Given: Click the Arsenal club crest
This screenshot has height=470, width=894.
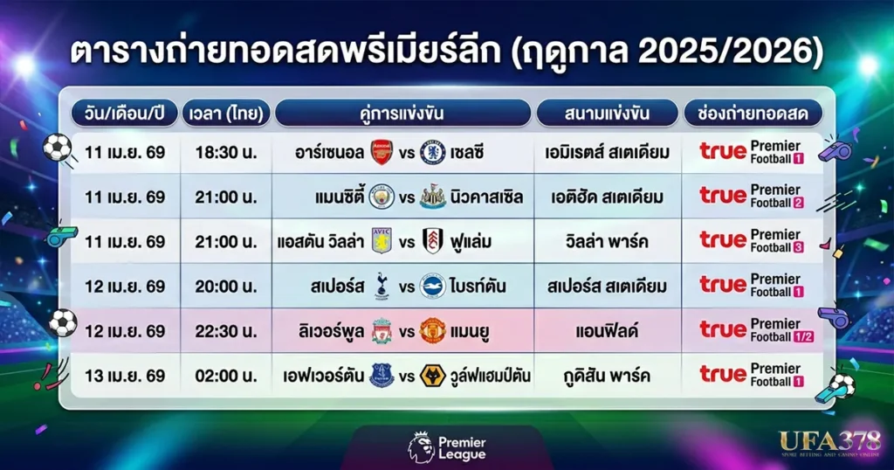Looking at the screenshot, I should point(382,152).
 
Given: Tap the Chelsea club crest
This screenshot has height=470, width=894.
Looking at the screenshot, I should point(432,152).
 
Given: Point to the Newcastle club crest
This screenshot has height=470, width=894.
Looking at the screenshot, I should point(432,197).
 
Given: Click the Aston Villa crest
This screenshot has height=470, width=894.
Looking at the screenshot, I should point(382,241).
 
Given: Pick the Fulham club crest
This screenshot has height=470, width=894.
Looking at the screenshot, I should point(432,241).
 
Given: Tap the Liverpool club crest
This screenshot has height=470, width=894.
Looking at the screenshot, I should point(381,331).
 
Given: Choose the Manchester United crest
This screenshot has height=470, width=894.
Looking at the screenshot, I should point(432,331).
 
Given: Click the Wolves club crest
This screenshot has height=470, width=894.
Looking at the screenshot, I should point(432,376).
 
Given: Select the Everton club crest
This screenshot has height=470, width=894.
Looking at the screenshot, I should point(381,376).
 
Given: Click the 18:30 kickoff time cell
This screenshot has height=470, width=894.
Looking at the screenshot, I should point(227,152).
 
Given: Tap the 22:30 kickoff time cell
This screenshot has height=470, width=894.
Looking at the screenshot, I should point(227,331).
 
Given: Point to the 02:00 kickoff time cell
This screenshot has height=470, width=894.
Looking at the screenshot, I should point(227,376).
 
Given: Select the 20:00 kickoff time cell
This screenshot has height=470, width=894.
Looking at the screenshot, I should point(227,286).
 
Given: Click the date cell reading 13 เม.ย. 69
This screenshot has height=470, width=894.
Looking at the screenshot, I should point(126,376).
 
